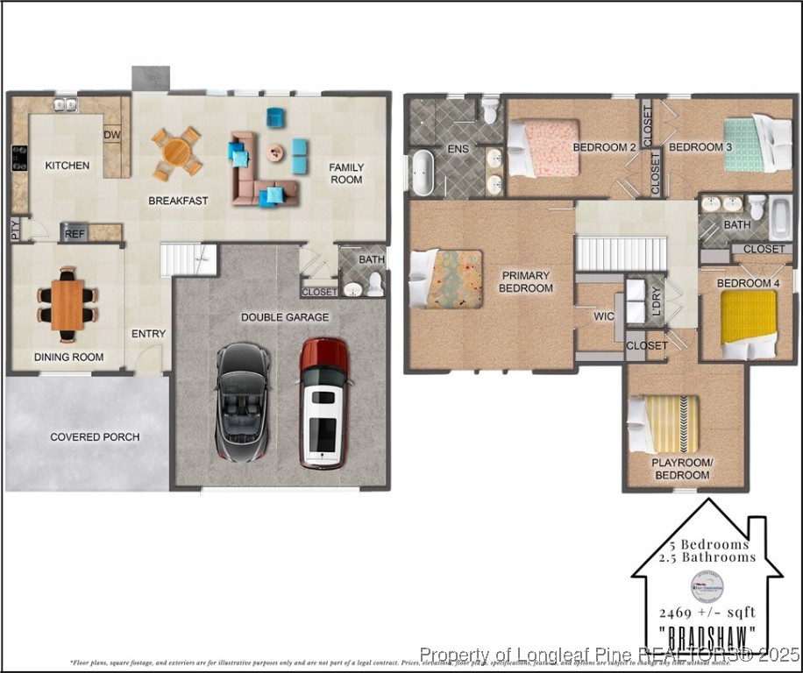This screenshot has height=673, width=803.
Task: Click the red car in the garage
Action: pyautogui.click(x=324, y=403)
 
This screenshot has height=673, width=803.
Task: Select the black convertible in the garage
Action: pyautogui.click(x=243, y=402)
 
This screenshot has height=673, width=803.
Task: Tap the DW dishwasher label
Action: pyautogui.click(x=112, y=135)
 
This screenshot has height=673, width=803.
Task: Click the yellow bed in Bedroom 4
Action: pyautogui.click(x=748, y=323)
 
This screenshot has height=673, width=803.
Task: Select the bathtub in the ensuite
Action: pyautogui.click(x=423, y=172)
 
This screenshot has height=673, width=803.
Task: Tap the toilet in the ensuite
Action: pyautogui.click(x=490, y=110)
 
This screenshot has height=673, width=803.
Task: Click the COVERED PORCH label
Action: pyautogui.click(x=95, y=436)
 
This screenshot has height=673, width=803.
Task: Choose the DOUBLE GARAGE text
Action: pyautogui.click(x=285, y=317)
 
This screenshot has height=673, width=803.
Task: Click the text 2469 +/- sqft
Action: pyautogui.click(x=707, y=612)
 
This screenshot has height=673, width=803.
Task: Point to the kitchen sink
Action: pyautogui.click(x=65, y=105)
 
